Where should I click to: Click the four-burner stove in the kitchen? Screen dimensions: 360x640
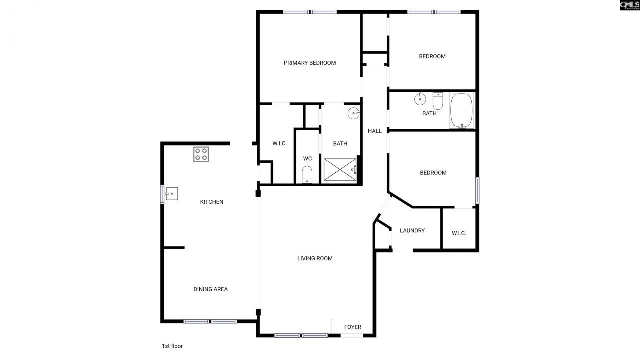tap(201, 154)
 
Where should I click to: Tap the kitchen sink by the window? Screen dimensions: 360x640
tap(171, 193)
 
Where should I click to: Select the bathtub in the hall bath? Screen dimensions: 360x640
tap(461, 111)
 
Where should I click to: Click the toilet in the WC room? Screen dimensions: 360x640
tap(307, 175)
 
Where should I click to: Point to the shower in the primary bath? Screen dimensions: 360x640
tap(340, 169)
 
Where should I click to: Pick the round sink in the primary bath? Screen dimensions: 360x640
tap(353, 113)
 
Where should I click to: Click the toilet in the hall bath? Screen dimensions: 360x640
tap(438, 101)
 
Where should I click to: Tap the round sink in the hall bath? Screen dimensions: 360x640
tap(420, 99)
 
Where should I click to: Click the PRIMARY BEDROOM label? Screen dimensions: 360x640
tap(310, 63)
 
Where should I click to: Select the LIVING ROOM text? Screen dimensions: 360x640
tap(315, 258)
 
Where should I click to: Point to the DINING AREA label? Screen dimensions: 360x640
tap(211, 289)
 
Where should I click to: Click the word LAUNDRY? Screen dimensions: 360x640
tap(412, 230)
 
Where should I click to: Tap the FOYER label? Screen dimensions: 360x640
tap(352, 327)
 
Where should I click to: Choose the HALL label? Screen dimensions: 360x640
tap(375, 131)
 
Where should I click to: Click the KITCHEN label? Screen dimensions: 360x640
tap(212, 202)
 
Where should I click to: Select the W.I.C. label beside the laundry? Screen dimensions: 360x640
tap(459, 233)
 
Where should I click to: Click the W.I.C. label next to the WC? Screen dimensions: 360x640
tap(279, 143)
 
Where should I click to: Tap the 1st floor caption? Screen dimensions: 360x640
tap(172, 346)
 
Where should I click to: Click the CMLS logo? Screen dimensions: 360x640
tap(629, 5)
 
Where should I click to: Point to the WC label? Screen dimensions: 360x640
tap(307, 158)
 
